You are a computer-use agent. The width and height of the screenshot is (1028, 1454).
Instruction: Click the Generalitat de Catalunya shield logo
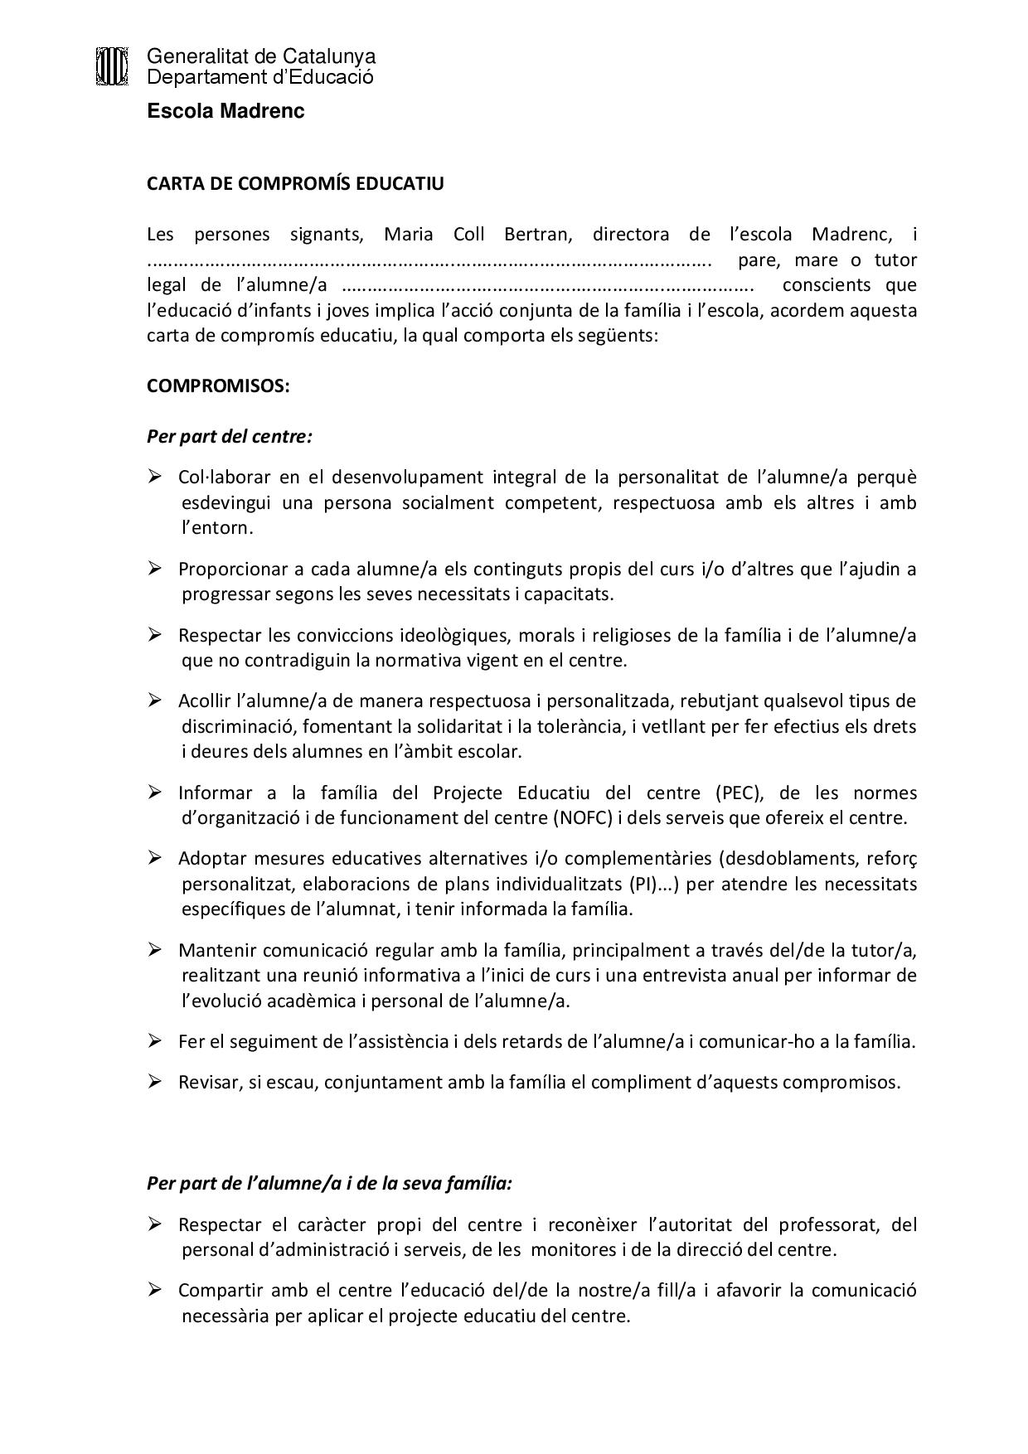(112, 66)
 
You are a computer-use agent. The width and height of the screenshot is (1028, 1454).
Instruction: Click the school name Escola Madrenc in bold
(225, 111)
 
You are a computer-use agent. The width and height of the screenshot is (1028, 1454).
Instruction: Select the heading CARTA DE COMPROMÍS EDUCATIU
(295, 184)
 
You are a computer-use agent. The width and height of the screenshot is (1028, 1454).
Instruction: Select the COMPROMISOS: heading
(218, 386)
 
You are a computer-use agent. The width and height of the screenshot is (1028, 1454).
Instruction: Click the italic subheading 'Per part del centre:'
(230, 436)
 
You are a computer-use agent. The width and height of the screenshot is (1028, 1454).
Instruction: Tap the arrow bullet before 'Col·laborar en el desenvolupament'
(154, 477)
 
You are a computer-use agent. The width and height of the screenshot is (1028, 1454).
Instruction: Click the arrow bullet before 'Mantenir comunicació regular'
(154, 949)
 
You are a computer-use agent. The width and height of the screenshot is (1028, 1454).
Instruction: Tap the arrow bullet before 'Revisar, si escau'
(154, 1082)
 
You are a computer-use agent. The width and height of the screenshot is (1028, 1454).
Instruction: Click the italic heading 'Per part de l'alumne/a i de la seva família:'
(329, 1183)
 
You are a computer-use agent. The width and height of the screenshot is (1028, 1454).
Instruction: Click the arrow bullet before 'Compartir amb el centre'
(154, 1290)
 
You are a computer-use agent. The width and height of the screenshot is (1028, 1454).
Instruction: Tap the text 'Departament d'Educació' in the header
(260, 77)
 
